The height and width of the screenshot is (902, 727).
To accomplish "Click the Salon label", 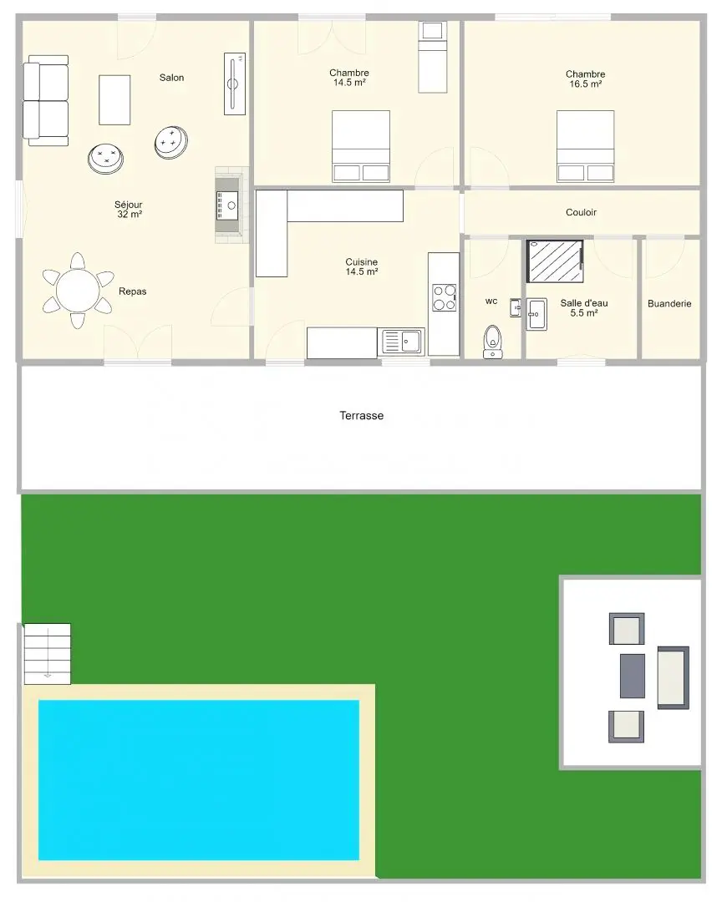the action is pyautogui.click(x=171, y=78).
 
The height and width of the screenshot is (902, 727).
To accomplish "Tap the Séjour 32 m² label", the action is pyautogui.click(x=129, y=210).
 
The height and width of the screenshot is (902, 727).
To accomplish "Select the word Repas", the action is pyautogui.click(x=132, y=291).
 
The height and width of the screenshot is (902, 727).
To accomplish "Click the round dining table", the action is pyautogui.click(x=78, y=291).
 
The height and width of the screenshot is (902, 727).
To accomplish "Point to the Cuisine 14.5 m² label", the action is pyautogui.click(x=362, y=267).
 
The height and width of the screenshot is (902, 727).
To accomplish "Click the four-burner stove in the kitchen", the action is pyautogui.click(x=445, y=297).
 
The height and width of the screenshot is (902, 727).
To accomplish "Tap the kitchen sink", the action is pyautogui.click(x=402, y=342).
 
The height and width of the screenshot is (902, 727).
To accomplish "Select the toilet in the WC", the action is pyautogui.click(x=493, y=341).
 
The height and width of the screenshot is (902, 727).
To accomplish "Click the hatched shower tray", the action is pyautogui.click(x=555, y=261).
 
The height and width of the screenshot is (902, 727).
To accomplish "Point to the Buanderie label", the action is pyautogui.click(x=669, y=304).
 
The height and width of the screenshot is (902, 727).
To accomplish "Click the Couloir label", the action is pyautogui.click(x=581, y=212).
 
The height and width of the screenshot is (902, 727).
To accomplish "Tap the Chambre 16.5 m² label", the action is pyautogui.click(x=586, y=79).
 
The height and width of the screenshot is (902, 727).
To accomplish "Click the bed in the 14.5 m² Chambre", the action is pyautogui.click(x=361, y=146).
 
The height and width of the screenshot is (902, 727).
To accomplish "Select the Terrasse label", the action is pyautogui.click(x=362, y=415).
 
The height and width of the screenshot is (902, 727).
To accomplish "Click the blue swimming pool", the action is pyautogui.click(x=199, y=780).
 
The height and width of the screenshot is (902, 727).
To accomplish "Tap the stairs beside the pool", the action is pyautogui.click(x=47, y=654).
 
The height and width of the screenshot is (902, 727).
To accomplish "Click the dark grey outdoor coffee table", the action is pyautogui.click(x=633, y=676).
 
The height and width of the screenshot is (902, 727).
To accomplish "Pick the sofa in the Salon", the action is pyautogui.click(x=45, y=101).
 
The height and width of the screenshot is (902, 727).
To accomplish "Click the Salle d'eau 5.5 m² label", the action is pyautogui.click(x=583, y=307).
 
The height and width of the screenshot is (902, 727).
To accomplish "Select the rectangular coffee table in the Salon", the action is pyautogui.click(x=114, y=99).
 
